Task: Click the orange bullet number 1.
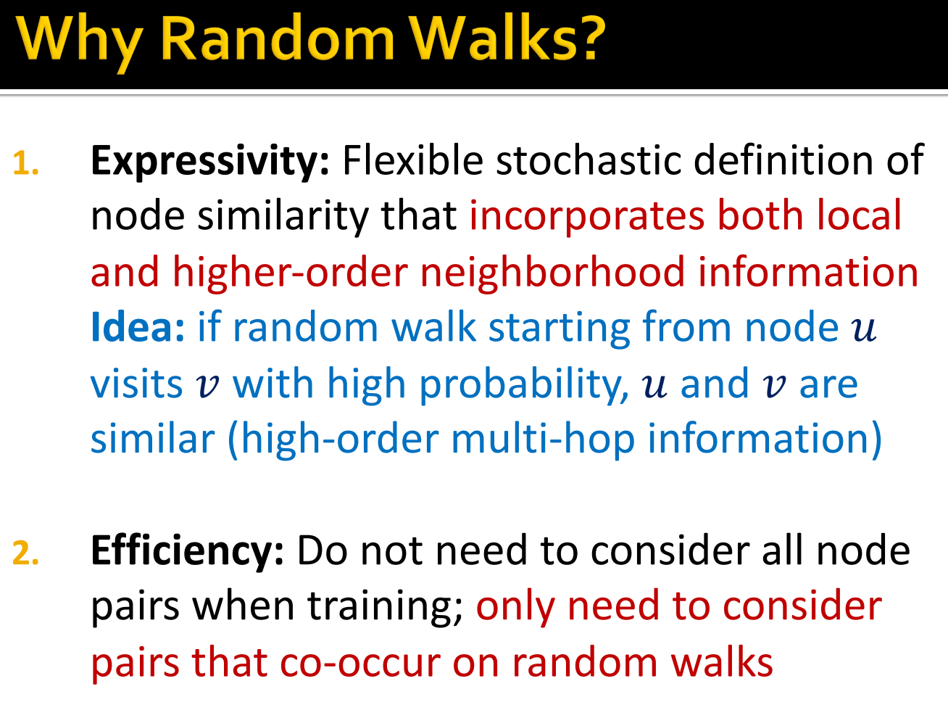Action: click(25, 164)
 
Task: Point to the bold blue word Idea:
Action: click(138, 327)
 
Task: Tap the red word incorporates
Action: click(586, 216)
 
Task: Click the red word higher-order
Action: click(289, 273)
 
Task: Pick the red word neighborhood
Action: click(552, 272)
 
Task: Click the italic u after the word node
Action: click(863, 329)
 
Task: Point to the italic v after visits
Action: click(208, 386)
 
